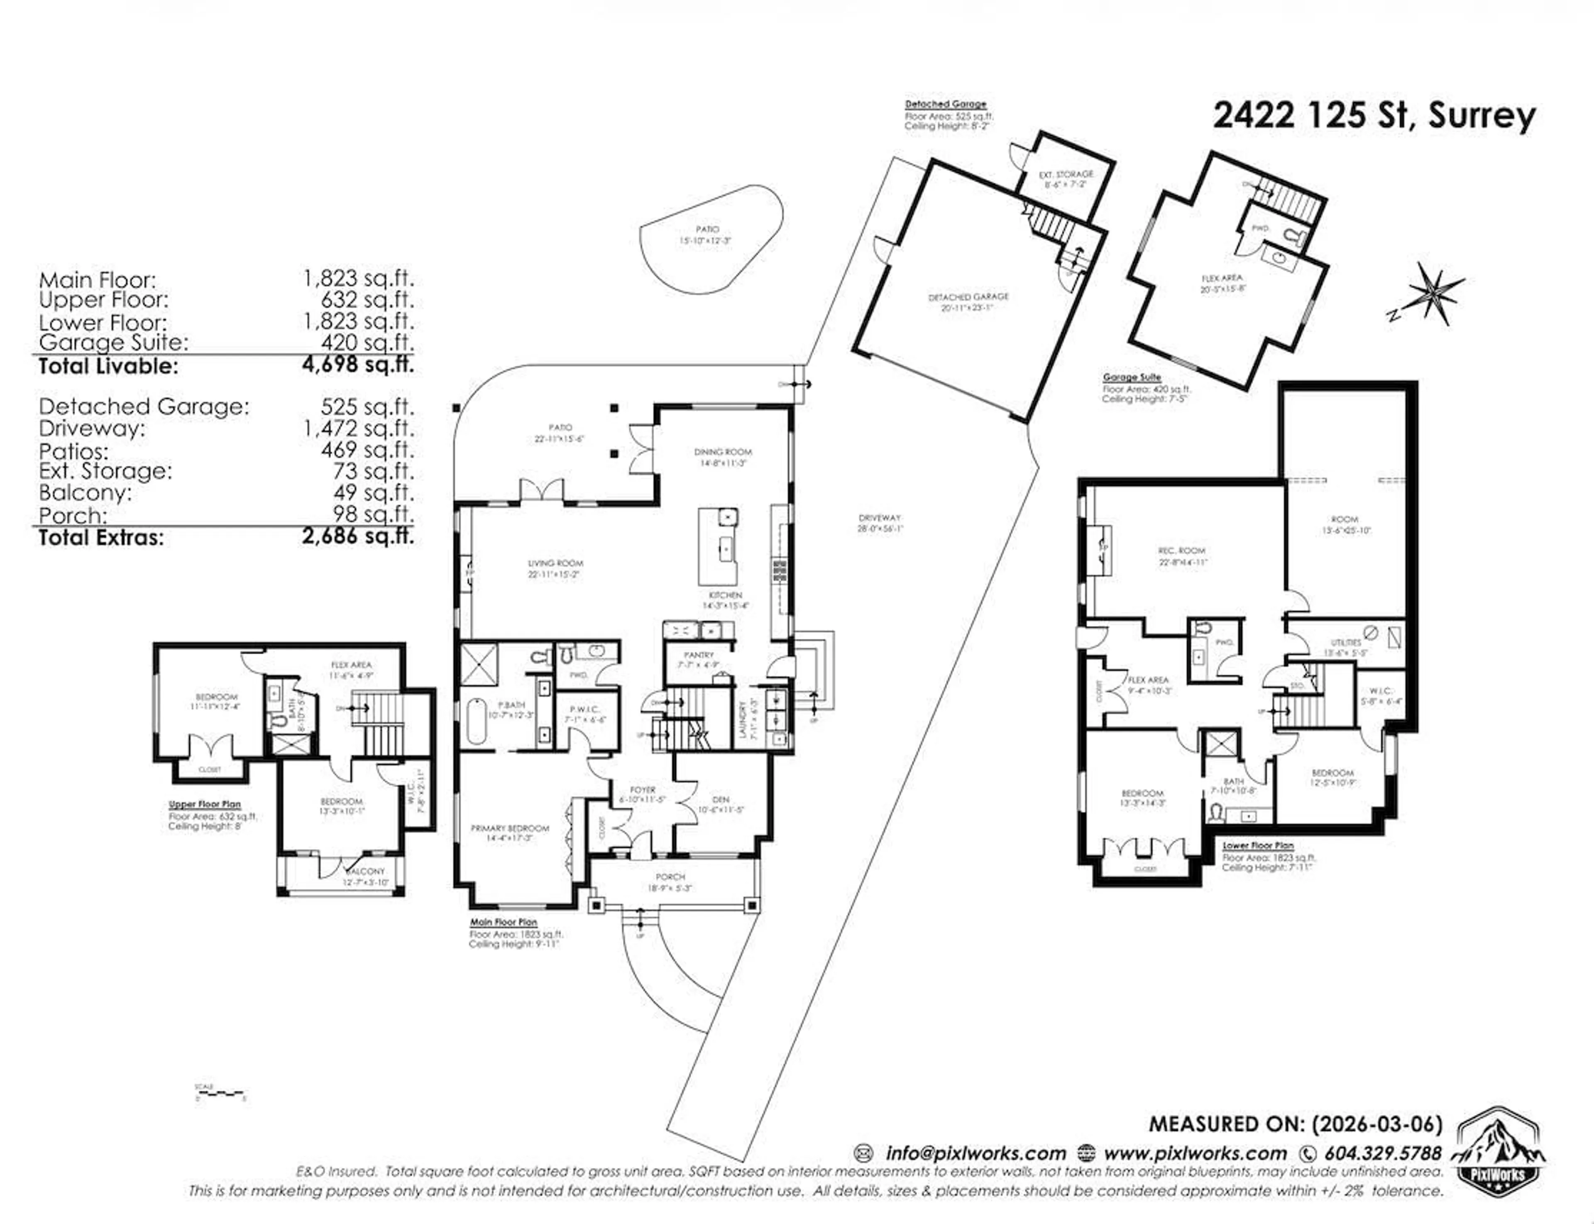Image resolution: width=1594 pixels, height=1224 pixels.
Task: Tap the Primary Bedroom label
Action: click(510, 828)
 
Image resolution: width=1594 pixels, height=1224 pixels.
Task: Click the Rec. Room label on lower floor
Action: click(1182, 551)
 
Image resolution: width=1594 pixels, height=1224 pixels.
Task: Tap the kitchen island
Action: click(718, 546)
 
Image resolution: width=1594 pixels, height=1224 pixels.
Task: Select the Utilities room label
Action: click(1346, 643)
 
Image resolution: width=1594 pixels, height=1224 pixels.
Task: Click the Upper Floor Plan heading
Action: click(205, 804)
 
